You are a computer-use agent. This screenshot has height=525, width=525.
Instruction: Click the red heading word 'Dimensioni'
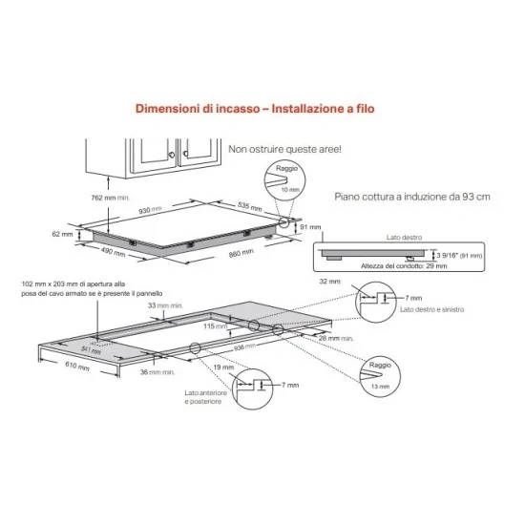coord(164,109)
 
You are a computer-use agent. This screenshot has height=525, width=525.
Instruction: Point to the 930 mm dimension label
coord(149,209)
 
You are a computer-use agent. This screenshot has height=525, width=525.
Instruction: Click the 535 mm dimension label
coord(249,205)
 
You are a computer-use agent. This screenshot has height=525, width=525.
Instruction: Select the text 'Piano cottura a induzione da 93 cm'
coord(411,197)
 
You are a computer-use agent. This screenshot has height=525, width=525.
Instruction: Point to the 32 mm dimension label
coord(330,283)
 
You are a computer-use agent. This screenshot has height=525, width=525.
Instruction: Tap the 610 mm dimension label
coord(76,367)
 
